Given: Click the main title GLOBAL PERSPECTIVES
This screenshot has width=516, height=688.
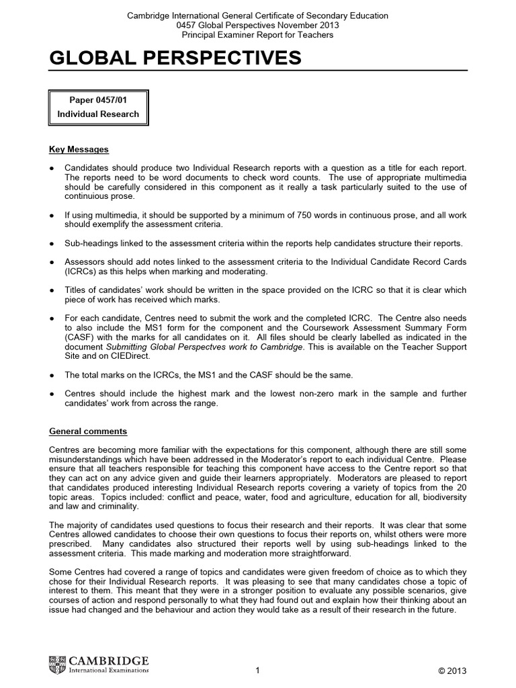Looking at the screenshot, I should coord(175,59).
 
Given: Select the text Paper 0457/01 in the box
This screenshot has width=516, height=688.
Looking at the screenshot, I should coord(98,99).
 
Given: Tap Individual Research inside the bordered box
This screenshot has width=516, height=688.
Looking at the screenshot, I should coord(98,114).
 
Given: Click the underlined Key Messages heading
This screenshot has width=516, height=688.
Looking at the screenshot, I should coord(79,149).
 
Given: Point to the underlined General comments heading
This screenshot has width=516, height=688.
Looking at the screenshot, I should coord(88,431).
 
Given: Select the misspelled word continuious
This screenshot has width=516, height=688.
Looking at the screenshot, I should coord(89,198).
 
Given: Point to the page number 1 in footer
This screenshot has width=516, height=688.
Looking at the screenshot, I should coord(258,671).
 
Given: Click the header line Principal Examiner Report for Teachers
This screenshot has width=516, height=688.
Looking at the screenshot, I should coord(258,35).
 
